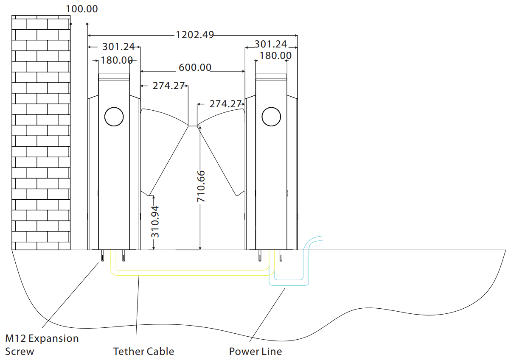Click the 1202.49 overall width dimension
195,35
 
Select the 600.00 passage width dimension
195,67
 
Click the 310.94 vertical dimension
155,221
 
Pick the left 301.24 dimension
118,47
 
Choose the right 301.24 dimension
271,44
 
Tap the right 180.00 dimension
275,56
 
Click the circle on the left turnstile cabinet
114,117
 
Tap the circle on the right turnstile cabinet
271,117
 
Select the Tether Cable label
143,351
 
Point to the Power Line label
255,351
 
